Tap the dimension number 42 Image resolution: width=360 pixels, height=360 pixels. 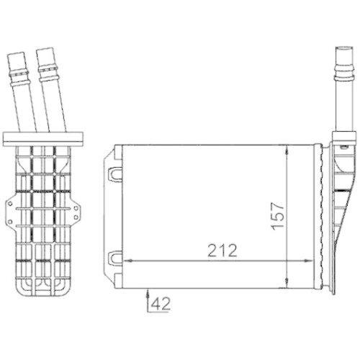click(162, 303)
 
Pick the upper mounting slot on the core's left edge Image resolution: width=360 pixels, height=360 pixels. click(114, 173)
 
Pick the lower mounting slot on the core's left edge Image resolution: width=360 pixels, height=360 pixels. click(114, 257)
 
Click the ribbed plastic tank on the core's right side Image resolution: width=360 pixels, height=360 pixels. click(338, 209)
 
